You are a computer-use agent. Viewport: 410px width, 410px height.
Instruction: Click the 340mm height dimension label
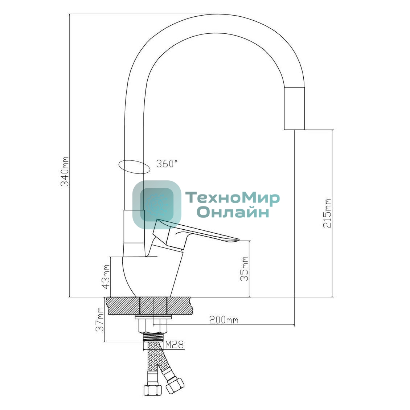point(65,172)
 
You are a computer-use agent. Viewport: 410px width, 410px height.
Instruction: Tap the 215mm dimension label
point(327,213)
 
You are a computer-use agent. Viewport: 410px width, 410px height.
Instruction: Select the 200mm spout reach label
point(224,320)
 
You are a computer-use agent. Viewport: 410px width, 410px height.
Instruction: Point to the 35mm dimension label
point(244,268)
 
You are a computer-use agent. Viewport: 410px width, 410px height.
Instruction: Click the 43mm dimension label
point(106,276)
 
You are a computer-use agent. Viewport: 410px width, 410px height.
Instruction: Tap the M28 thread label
point(175,345)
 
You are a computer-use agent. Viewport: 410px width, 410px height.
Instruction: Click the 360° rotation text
point(167,164)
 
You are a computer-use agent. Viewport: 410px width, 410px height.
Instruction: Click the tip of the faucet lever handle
point(238,239)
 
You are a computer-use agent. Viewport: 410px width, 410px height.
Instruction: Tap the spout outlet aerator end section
point(294,108)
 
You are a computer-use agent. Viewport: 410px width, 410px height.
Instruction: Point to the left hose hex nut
point(152,390)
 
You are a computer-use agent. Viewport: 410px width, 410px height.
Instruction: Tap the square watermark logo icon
point(157,205)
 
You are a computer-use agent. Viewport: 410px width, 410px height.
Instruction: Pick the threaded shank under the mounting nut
point(153,337)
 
